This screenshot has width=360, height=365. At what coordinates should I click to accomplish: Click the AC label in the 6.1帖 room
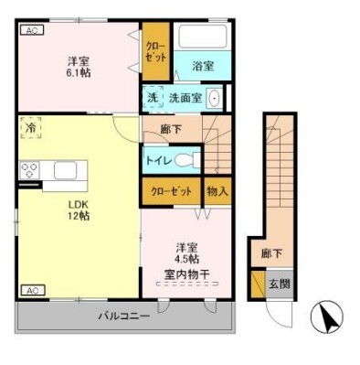(x=30, y=30)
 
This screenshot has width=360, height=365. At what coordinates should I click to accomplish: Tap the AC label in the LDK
(x=30, y=290)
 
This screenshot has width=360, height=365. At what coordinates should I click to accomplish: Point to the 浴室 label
(x=203, y=67)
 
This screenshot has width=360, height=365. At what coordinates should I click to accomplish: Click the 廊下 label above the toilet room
(x=171, y=129)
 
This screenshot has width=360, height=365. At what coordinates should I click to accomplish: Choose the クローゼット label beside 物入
(x=170, y=192)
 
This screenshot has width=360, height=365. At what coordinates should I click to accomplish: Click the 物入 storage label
(x=217, y=192)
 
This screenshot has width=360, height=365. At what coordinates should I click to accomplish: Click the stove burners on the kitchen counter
(x=28, y=170)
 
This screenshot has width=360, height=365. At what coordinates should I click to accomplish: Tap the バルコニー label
(x=124, y=317)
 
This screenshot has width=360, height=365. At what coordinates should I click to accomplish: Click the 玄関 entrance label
(x=279, y=284)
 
